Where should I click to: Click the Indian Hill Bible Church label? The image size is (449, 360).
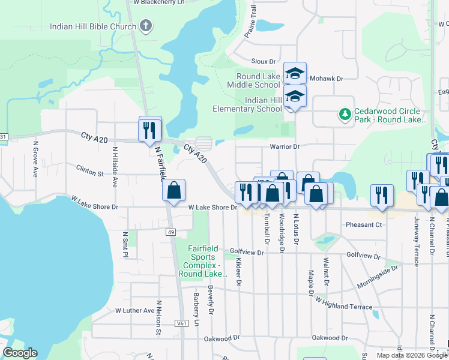click(x=93, y=26)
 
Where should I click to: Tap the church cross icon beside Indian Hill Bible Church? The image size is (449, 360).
click(x=145, y=26)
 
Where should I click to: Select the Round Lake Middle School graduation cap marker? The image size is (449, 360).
click(x=295, y=73)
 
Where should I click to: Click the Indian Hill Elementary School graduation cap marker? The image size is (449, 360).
click(x=295, y=96)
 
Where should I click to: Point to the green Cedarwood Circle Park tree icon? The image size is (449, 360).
click(x=345, y=113)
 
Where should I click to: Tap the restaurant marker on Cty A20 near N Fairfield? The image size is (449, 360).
click(x=149, y=129)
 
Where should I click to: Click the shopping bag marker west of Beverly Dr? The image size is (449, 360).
click(x=173, y=191)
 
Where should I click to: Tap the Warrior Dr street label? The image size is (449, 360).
click(x=285, y=146)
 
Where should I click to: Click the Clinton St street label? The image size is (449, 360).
click(x=91, y=172)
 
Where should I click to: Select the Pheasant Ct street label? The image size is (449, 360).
click(x=364, y=224)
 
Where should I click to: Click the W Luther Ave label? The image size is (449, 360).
click(x=134, y=310)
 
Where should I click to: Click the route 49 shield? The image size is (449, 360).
click(x=171, y=232)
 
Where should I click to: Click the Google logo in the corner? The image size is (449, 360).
click(x=20, y=353)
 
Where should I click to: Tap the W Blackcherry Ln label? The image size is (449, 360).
click(x=158, y=2)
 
